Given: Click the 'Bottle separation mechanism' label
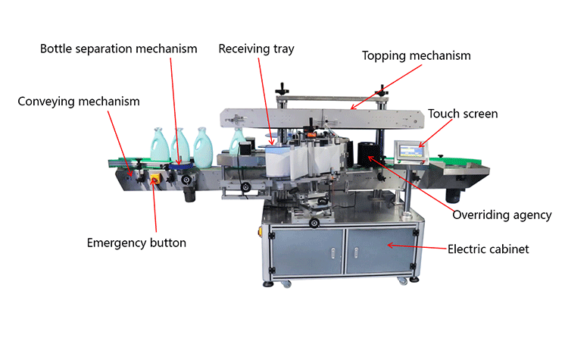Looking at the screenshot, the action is click(x=118, y=49).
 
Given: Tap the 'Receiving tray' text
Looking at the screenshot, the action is click(x=256, y=49).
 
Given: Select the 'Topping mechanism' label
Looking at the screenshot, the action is click(x=416, y=55).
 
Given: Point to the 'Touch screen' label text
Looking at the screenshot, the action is click(x=463, y=114).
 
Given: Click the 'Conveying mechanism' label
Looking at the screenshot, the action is click(x=79, y=101).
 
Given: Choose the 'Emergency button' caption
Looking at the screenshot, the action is click(x=136, y=243).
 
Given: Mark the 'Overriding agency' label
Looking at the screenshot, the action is click(x=501, y=215).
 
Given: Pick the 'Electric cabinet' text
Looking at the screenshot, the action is click(x=488, y=248).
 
